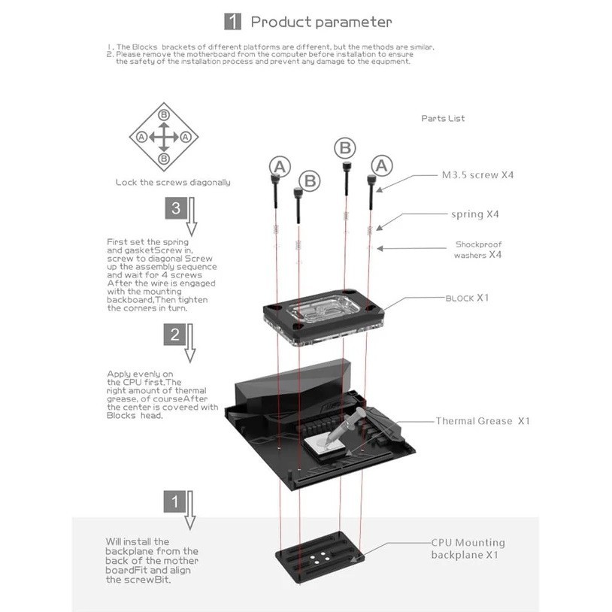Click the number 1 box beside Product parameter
click(x=234, y=22)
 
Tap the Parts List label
click(x=443, y=118)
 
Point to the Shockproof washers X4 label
click(x=478, y=250)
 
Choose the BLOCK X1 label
click(x=467, y=298)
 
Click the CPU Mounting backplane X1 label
click(x=468, y=549)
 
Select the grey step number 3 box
click(x=175, y=208)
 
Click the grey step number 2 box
click(x=175, y=335)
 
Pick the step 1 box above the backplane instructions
click(x=175, y=500)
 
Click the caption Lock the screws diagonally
click(x=173, y=182)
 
